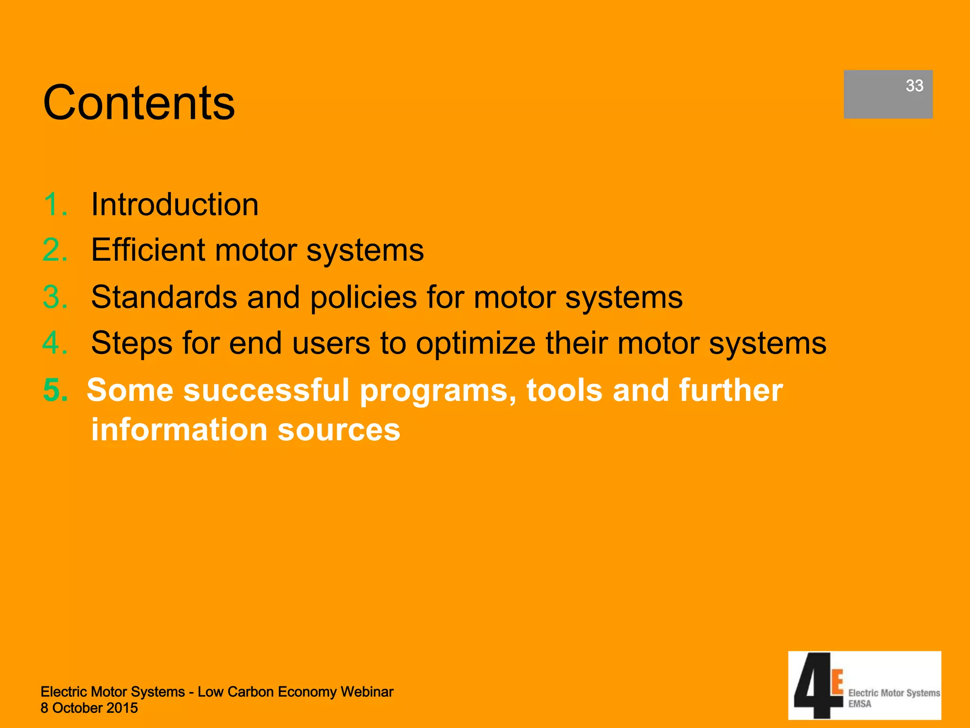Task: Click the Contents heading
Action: [139, 103]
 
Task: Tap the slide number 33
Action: [914, 86]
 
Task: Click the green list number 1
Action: [54, 205]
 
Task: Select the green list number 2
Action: [55, 250]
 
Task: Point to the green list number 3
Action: [55, 297]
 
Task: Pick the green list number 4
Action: [55, 343]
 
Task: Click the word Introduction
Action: [175, 205]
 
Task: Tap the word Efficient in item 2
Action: [147, 250]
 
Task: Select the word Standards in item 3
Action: [163, 297]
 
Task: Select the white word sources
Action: [339, 430]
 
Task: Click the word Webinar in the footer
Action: [367, 692]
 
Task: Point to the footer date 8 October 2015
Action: [89, 708]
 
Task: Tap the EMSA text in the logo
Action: [860, 704]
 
